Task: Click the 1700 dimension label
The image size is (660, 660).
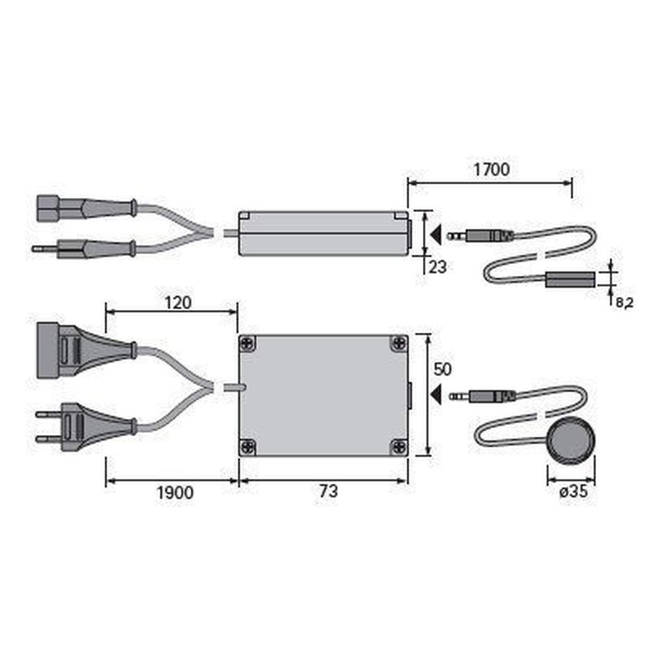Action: [x=491, y=170]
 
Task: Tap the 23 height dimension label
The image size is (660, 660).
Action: [x=438, y=267]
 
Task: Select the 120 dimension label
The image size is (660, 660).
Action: [x=178, y=303]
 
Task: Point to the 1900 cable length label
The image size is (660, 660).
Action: [x=175, y=492]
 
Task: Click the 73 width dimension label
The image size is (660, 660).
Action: [x=329, y=491]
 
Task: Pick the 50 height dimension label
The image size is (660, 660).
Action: [x=442, y=369]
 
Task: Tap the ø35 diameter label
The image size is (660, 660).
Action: [x=574, y=491]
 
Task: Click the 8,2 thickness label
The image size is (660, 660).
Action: [x=624, y=302]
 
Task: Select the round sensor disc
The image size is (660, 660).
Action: [x=572, y=441]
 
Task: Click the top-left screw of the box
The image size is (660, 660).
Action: [x=247, y=343]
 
